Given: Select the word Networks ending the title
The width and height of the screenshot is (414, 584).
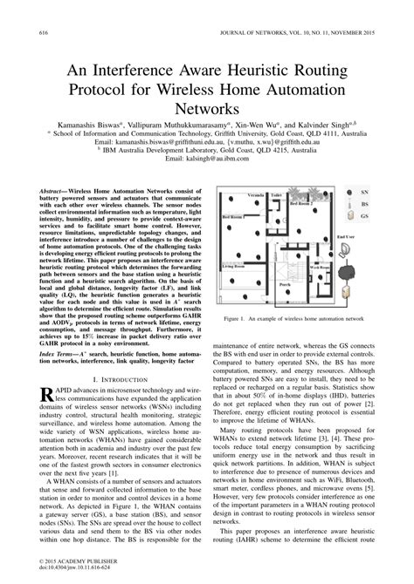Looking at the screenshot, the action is [x=206, y=109].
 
